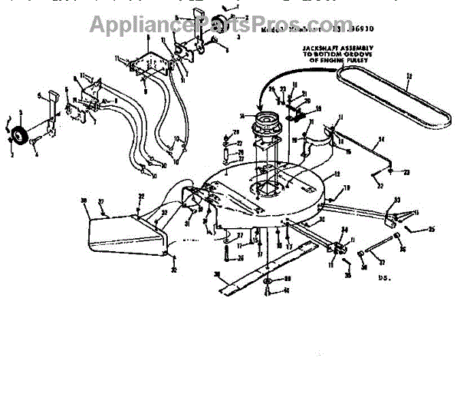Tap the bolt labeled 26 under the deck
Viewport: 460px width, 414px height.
pos(228,254)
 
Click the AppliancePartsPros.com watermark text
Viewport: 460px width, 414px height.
pos(230,25)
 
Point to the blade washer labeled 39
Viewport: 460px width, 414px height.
pos(266,281)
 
